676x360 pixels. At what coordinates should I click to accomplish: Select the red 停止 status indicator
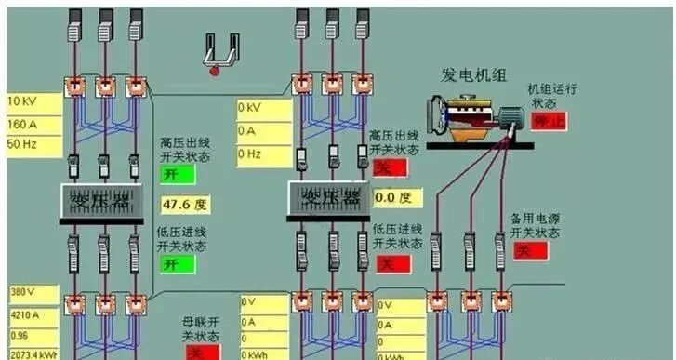548,122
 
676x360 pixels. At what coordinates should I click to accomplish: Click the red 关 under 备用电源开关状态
531,251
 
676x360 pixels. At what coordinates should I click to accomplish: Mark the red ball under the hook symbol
215,69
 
